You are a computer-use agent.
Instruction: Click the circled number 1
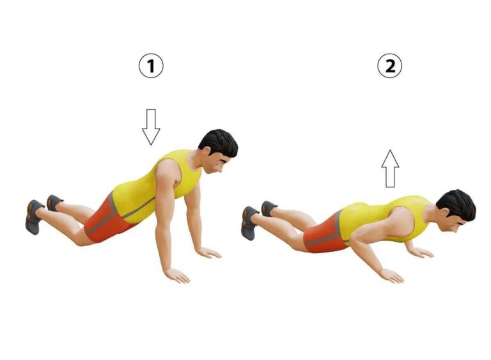click(x=151, y=66)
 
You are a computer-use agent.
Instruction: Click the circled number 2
click(x=389, y=66)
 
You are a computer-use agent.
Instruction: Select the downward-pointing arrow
click(x=151, y=127)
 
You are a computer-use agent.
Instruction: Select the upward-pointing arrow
click(x=390, y=169)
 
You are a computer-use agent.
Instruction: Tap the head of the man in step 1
click(x=219, y=151)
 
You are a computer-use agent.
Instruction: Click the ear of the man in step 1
click(x=206, y=151)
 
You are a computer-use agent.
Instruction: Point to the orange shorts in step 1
click(x=107, y=219)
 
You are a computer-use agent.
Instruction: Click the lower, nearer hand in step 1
click(x=178, y=275)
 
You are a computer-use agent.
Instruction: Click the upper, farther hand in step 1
click(x=209, y=253)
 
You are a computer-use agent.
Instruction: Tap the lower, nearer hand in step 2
click(x=391, y=276)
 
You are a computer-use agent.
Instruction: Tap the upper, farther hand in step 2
click(x=421, y=252)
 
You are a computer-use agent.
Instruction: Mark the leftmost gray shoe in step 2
click(x=249, y=223)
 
